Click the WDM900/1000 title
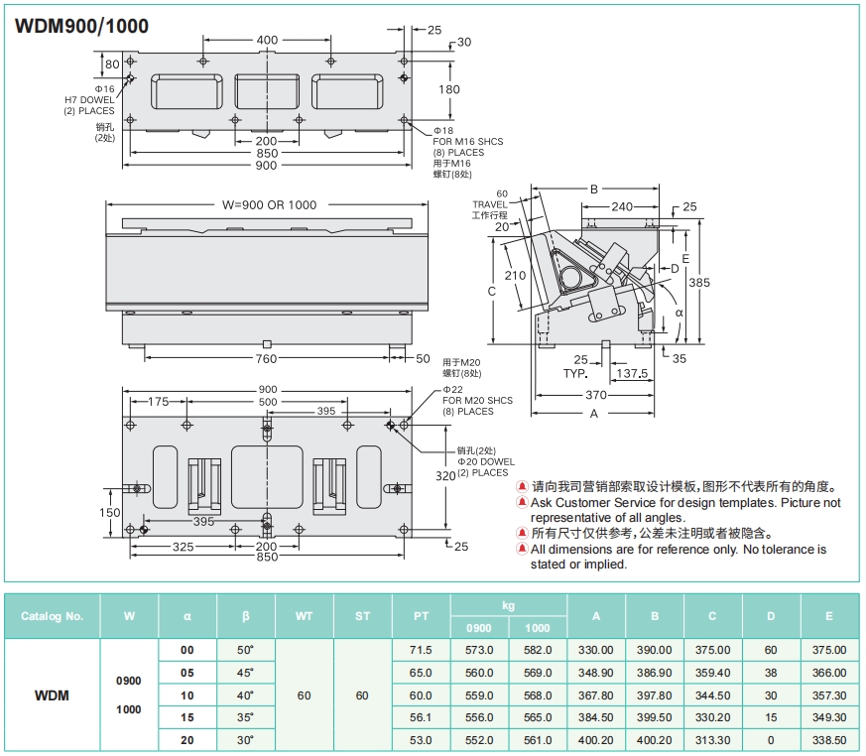(82, 26)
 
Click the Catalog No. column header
(53, 616)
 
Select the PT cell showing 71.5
(421, 650)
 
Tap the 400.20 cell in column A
(596, 739)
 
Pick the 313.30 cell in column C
(712, 739)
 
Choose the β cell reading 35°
(246, 716)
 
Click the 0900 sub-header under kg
(479, 627)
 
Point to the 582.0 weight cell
(538, 650)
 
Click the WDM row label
(52, 694)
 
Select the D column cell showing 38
(771, 672)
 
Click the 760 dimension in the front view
(267, 359)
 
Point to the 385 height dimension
(699, 283)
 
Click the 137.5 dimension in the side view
(631, 374)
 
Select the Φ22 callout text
(453, 390)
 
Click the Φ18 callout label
(443, 131)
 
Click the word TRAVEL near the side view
(490, 204)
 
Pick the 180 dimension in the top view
(449, 89)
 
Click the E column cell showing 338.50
(829, 739)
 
